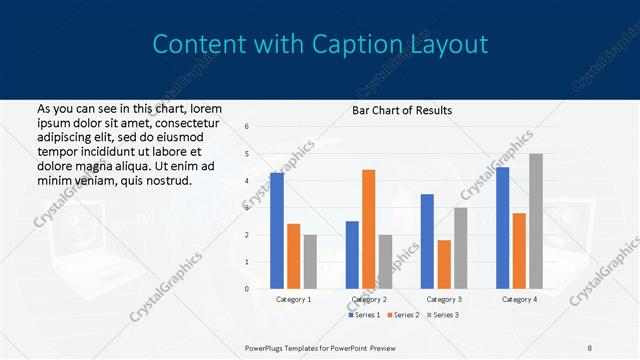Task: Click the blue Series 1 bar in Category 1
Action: (277, 231)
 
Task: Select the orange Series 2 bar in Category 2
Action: (369, 229)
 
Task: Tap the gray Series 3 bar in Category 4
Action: (536, 221)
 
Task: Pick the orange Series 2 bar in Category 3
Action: (444, 264)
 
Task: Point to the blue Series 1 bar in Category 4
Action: (502, 228)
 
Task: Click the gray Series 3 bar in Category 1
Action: (310, 262)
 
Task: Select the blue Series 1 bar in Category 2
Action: (352, 255)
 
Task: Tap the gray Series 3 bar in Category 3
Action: (461, 248)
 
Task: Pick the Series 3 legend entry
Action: (444, 315)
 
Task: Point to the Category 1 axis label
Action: (294, 299)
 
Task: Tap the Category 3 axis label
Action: (444, 299)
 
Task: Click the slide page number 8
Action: (590, 347)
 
